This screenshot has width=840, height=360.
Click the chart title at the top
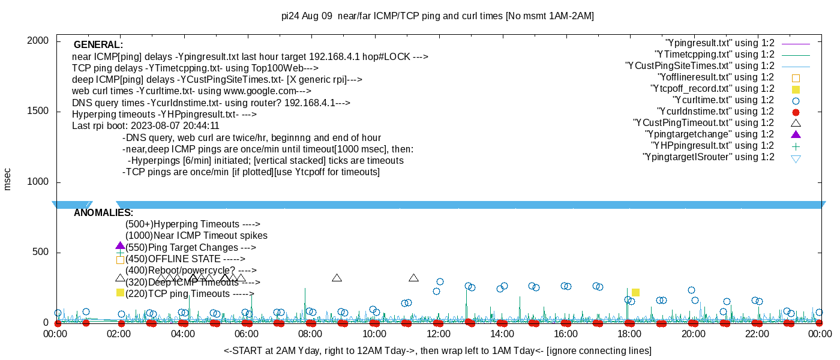438,16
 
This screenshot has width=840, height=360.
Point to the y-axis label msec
8,179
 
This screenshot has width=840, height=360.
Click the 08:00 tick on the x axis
311,334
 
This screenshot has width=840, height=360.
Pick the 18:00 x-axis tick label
629,334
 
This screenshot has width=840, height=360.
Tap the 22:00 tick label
756,334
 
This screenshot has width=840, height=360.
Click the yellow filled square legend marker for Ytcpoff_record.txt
796,89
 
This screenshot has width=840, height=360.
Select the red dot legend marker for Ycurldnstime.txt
796,112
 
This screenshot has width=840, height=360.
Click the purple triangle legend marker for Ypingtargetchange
796,134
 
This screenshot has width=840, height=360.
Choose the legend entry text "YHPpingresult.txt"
712,146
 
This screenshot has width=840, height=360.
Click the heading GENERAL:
98,45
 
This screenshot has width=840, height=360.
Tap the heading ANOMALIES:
103,213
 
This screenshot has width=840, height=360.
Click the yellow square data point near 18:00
635,292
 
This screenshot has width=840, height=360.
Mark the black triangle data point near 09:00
337,278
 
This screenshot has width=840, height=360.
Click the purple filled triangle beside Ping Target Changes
120,246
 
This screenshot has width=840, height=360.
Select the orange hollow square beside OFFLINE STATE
120,260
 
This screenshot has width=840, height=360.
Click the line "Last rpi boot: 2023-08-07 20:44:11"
146,126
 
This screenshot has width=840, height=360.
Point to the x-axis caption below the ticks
437,350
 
